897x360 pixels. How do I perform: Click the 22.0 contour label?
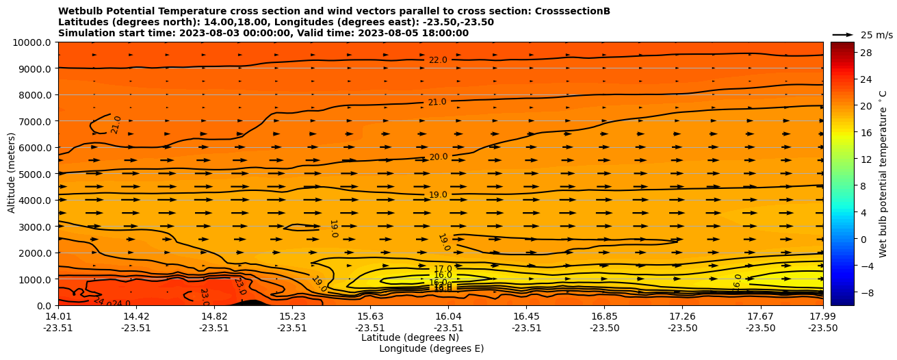[x=438, y=60]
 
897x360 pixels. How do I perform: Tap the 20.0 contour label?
[x=438, y=157]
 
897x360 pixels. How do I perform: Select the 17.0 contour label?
[x=443, y=269]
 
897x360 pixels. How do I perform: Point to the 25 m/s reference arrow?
[x=843, y=35]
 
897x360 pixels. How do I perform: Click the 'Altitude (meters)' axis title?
[x=12, y=174]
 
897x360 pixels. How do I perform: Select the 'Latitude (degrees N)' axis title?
[x=410, y=337]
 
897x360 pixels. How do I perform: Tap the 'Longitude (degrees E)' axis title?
[x=431, y=348]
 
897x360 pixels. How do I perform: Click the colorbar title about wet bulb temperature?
[x=883, y=174]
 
